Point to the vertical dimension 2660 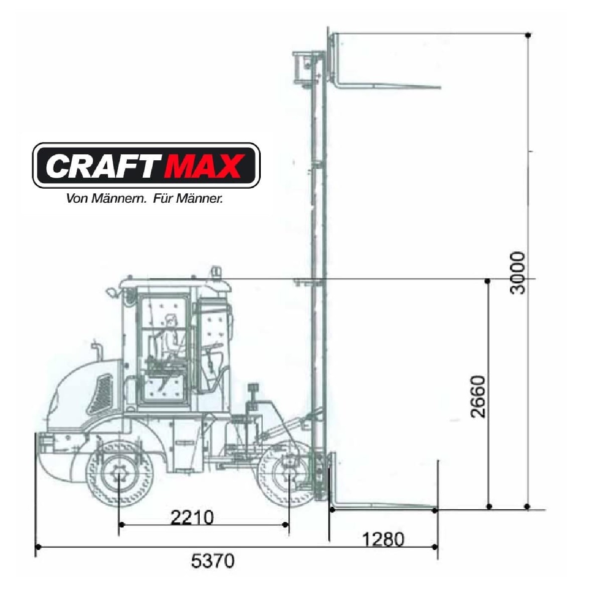pos(478,396)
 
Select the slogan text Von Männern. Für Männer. pos(145,199)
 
